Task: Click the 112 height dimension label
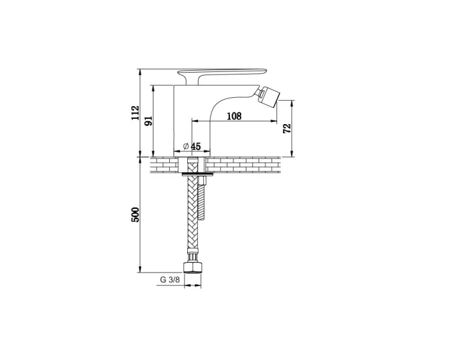136,113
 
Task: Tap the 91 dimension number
148,121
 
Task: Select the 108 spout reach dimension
234,116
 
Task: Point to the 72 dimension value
287,128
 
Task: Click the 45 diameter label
196,146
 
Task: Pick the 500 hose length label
135,215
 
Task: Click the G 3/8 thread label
170,280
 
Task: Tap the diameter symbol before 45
186,146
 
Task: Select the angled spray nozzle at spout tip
268,97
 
